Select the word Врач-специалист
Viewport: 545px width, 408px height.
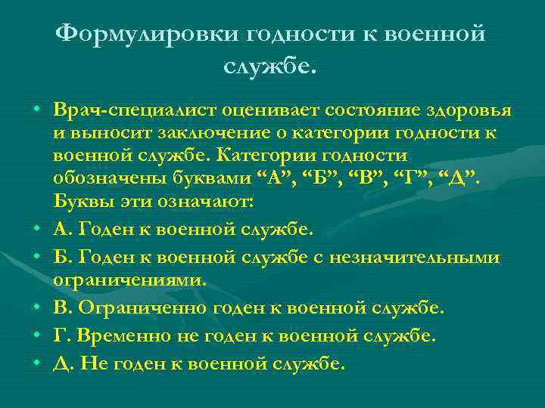pos(134,110)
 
